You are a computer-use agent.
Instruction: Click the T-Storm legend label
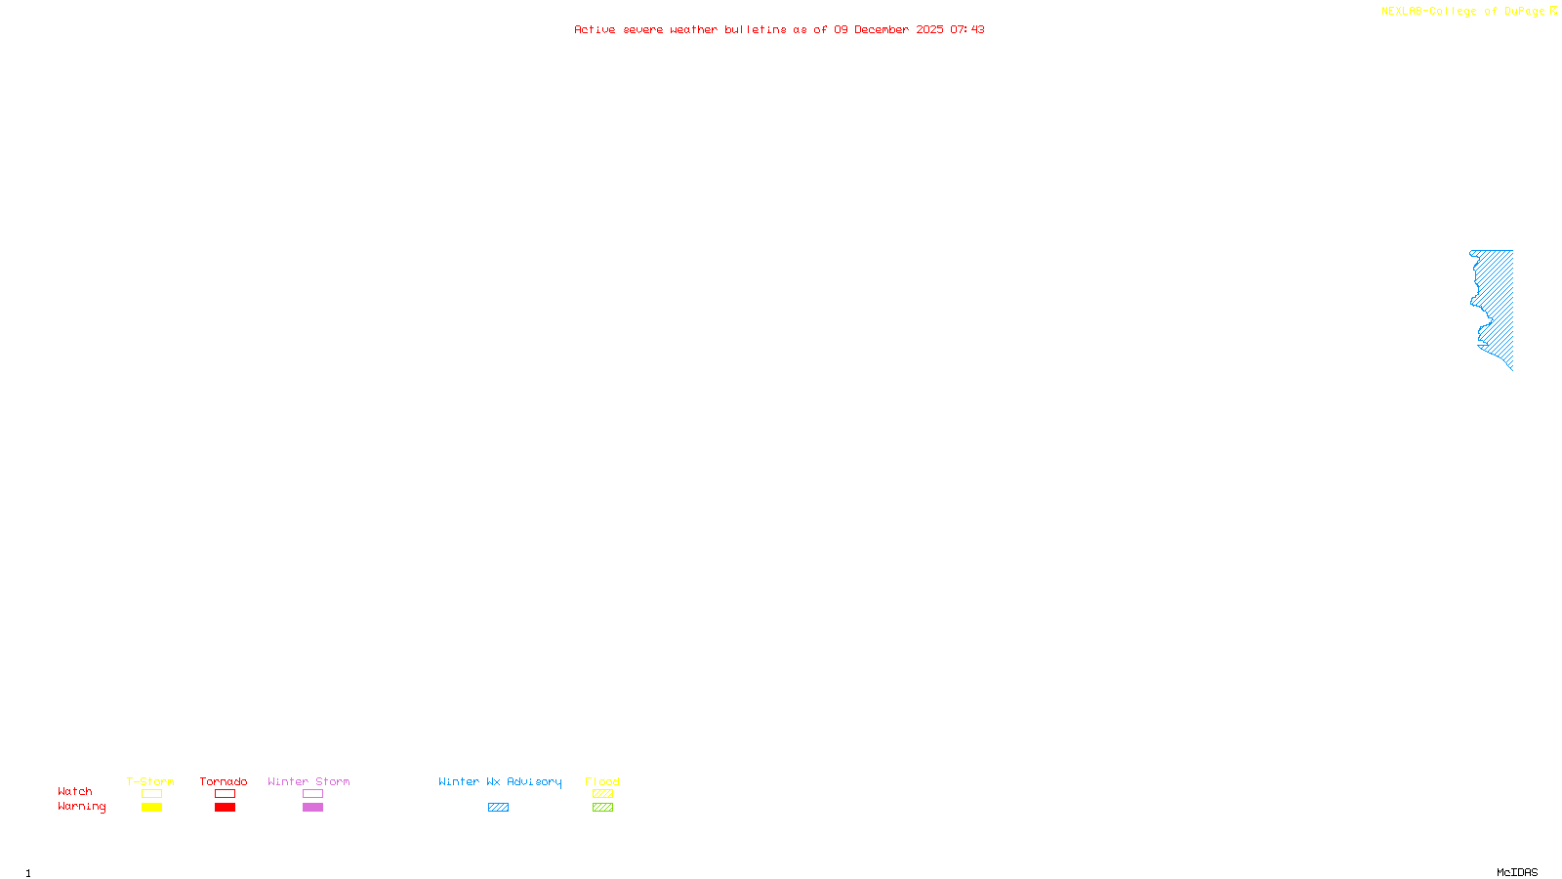(x=150, y=781)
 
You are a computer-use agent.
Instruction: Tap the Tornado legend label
(x=224, y=781)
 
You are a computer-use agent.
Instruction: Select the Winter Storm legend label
(x=308, y=781)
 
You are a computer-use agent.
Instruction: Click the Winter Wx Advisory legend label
(x=500, y=781)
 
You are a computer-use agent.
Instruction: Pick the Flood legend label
(x=602, y=781)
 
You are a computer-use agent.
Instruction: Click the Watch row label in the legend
(x=75, y=791)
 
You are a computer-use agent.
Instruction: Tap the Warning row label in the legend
(x=82, y=807)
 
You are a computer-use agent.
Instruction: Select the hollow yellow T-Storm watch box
(x=151, y=794)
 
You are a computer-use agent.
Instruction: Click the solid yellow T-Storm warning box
(x=151, y=808)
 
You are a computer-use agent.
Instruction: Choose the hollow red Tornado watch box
(x=225, y=794)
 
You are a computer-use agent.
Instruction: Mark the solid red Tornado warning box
(x=225, y=808)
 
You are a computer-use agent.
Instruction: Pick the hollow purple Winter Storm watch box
(x=312, y=794)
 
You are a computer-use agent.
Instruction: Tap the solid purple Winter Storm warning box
(x=312, y=808)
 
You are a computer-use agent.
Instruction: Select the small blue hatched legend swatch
(x=498, y=808)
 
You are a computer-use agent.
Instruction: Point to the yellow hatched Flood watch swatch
(x=602, y=794)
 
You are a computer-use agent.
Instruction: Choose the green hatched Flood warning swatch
(x=602, y=808)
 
